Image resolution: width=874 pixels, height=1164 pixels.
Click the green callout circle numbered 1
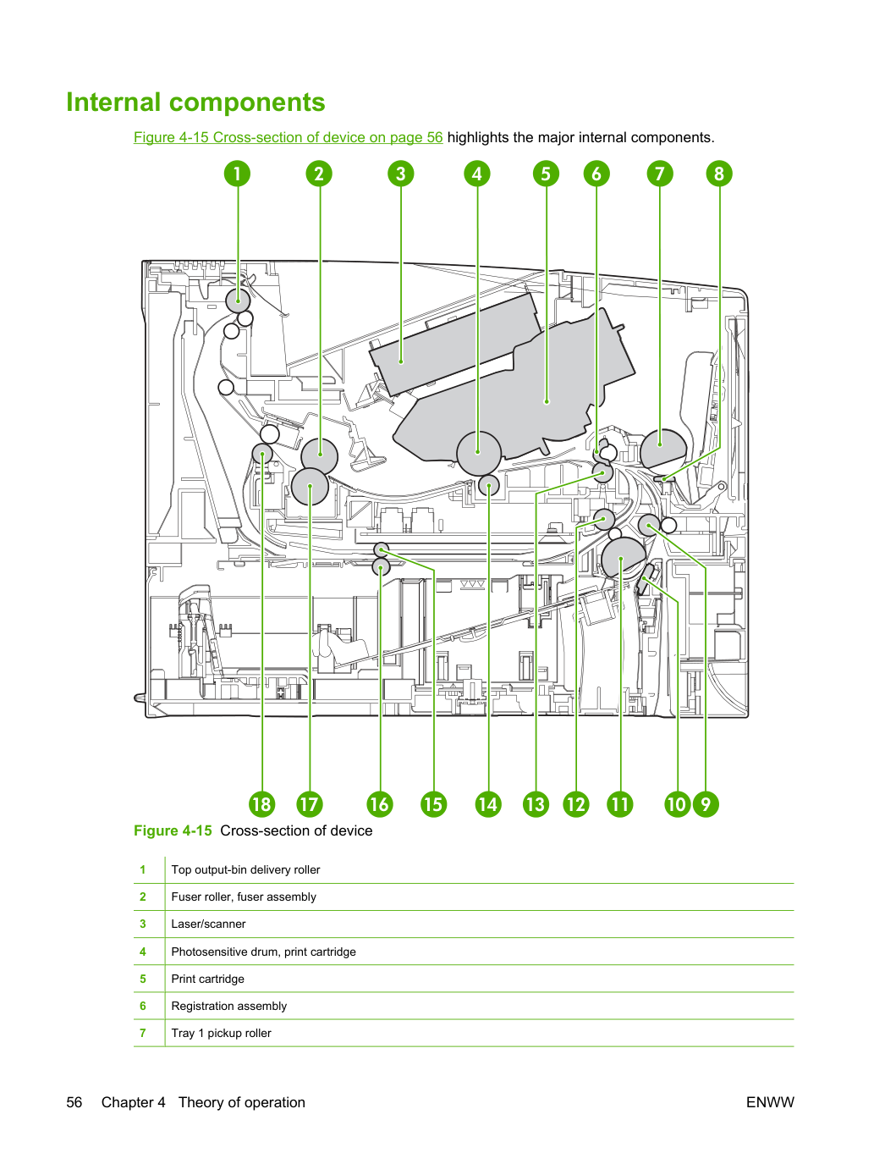pos(237,174)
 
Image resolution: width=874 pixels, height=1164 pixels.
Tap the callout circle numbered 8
pos(719,174)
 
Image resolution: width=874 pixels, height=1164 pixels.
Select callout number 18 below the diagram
pos(261,804)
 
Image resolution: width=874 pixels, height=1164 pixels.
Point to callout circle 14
pos(488,804)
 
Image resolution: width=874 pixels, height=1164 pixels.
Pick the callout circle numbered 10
pos(677,804)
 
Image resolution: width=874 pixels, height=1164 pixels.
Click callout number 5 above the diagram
pos(546,174)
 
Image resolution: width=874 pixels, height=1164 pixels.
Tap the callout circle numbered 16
pos(380,804)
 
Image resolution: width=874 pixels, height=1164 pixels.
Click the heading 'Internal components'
pos(195,102)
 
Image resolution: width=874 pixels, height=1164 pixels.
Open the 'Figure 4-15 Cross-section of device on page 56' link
pos(288,137)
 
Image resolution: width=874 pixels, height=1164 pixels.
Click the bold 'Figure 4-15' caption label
pos(173,830)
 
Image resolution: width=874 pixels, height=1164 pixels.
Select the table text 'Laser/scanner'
pos(208,924)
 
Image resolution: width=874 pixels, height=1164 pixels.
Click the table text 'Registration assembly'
pos(229,1006)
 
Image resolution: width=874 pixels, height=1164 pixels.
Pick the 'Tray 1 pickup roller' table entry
pos(221,1033)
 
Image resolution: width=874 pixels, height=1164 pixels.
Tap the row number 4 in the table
pos(143,952)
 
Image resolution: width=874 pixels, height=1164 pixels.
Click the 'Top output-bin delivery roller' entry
pos(245,869)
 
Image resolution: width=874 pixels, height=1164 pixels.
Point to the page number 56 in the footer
pos(74,1102)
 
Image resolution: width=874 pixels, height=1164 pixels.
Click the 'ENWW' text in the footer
pos(770,1102)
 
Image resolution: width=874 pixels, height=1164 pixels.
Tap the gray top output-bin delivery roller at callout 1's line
pos(238,301)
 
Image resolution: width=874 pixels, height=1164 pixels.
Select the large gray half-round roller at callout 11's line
pos(623,558)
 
